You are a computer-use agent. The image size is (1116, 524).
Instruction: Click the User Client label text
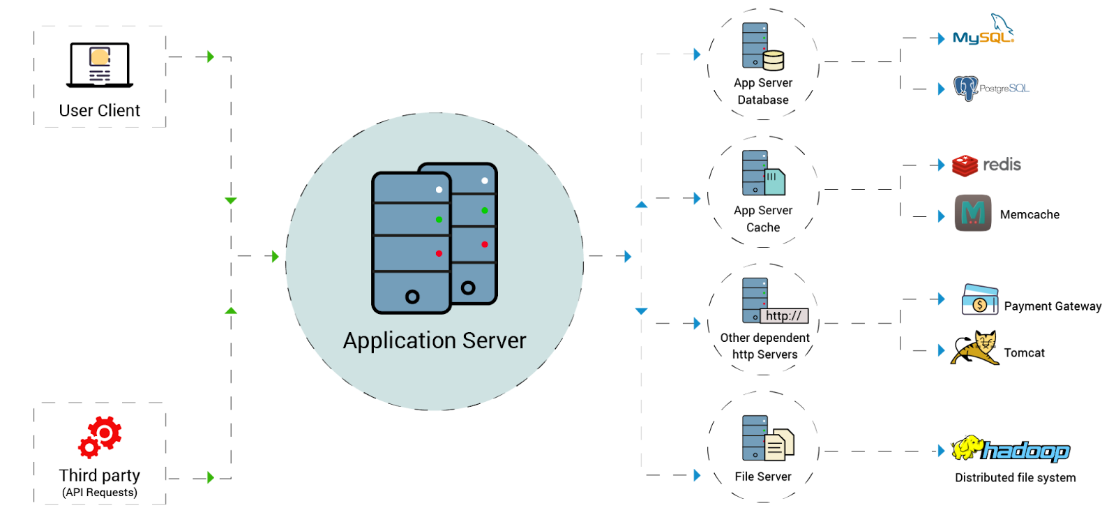(x=99, y=110)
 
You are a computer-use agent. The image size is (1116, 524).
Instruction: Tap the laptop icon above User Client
(x=100, y=65)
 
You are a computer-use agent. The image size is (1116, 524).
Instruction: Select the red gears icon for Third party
(x=100, y=437)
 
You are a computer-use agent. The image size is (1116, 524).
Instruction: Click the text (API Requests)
(x=100, y=493)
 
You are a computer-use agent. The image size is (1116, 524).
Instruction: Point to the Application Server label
(x=435, y=340)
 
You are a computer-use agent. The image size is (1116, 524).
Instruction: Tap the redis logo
(x=986, y=165)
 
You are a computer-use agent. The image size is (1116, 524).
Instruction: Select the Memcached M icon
(x=973, y=213)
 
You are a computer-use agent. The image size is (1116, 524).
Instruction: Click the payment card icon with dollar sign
(x=980, y=299)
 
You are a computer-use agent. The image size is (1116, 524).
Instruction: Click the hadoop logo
(x=1011, y=450)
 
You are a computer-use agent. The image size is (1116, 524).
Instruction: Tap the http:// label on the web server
(x=784, y=316)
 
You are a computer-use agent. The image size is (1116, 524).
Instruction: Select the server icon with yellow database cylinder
(x=762, y=47)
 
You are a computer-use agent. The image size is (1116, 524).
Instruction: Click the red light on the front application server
(x=439, y=253)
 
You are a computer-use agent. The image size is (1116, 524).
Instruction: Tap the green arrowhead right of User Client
(x=210, y=57)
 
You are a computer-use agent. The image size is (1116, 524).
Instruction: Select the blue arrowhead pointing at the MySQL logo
(x=941, y=38)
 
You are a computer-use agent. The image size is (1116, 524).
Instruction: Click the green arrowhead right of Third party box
(x=210, y=477)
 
